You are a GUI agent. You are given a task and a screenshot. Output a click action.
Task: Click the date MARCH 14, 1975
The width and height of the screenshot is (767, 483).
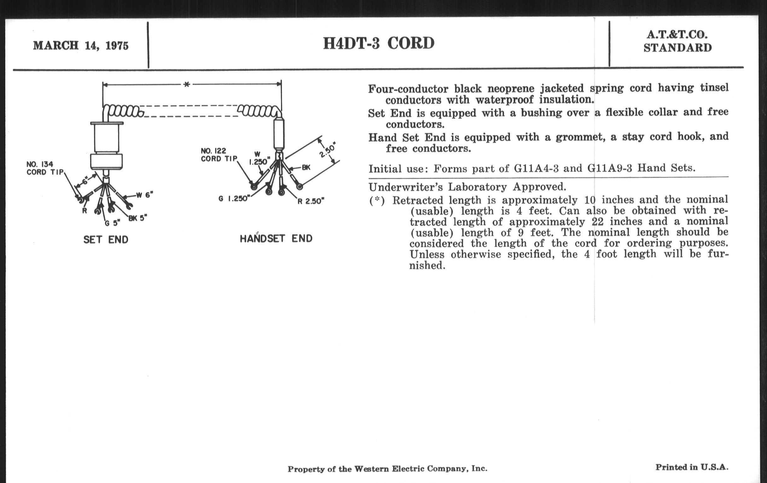[x=81, y=45]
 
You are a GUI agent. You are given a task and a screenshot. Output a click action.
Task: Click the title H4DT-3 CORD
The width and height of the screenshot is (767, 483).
[x=379, y=43]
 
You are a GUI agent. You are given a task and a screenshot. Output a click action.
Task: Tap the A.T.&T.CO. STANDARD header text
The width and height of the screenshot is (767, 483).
[x=677, y=41]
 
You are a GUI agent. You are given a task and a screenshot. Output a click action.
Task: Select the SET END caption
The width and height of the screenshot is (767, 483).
[x=106, y=239]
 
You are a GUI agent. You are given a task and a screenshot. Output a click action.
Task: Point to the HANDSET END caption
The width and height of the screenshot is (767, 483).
[x=276, y=238]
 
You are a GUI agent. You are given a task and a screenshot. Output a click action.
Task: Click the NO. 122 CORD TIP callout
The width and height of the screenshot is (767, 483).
[x=219, y=155]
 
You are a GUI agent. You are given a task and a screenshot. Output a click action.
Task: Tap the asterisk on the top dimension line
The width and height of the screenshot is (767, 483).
[x=187, y=85]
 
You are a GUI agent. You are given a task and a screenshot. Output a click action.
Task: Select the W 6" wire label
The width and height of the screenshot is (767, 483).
[x=145, y=195]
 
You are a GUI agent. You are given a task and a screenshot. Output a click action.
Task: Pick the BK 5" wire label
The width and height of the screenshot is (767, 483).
[x=138, y=218]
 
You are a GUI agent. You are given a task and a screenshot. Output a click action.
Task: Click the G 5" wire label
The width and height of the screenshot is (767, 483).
[x=113, y=223]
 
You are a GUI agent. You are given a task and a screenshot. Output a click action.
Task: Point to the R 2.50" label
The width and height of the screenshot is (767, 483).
[x=311, y=201]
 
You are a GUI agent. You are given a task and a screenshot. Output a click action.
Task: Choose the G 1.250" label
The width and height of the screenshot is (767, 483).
[x=234, y=199]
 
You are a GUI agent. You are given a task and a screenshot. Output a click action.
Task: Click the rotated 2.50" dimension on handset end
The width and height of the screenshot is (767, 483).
[x=328, y=151]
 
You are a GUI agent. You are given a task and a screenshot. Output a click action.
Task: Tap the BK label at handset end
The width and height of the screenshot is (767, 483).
[x=306, y=167]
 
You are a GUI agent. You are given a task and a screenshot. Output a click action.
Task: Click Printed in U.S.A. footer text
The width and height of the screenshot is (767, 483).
[x=692, y=468]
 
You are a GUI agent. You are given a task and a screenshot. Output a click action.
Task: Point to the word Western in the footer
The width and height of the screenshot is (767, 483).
[x=372, y=469]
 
